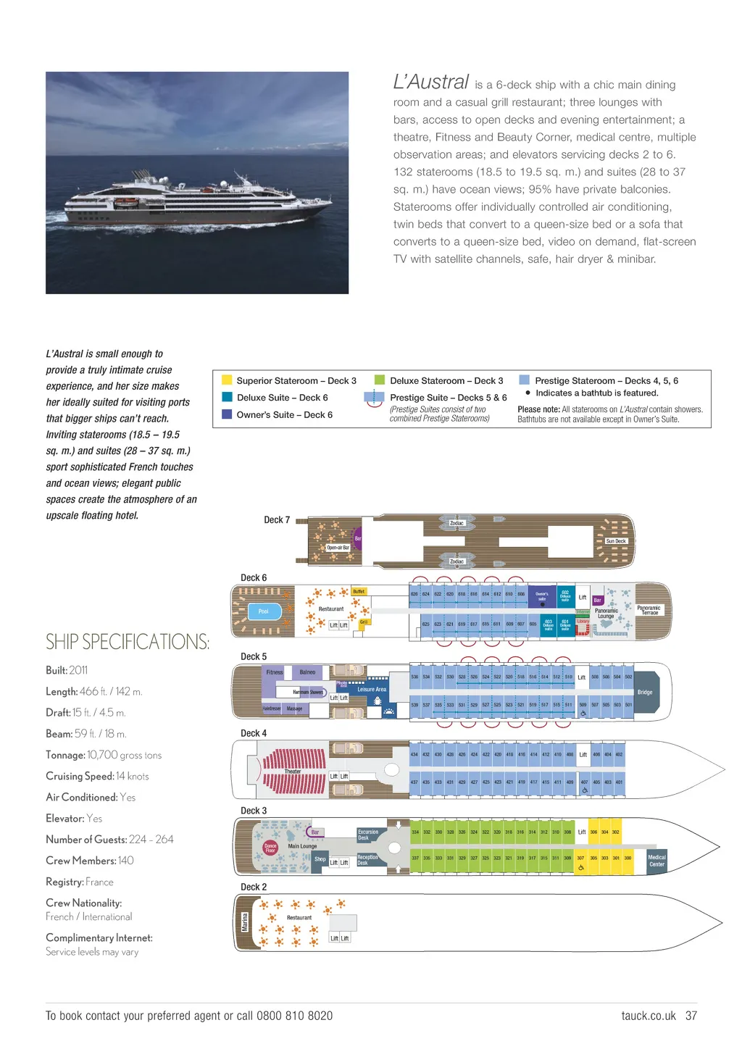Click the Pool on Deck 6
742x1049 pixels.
coord(263,611)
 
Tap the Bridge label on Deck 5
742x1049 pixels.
coord(645,692)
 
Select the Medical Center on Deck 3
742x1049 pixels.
coord(656,861)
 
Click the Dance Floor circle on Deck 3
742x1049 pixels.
coord(270,848)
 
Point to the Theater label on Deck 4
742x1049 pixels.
coord(293,772)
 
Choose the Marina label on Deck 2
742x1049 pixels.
coord(245,922)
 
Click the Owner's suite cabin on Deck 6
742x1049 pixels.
coord(541,596)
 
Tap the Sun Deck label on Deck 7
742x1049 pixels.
coord(616,541)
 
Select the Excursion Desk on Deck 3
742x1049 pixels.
coord(368,835)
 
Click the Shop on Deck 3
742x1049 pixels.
coord(320,859)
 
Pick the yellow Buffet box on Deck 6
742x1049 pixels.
coord(359,592)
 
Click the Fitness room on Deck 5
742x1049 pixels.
coord(275,672)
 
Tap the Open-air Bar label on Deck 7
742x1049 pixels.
coord(338,548)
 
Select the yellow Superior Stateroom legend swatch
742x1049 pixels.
coord(227,380)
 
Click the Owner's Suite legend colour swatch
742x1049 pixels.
coord(227,414)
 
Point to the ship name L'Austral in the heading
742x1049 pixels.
coord(431,83)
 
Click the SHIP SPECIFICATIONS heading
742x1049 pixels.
coord(128,642)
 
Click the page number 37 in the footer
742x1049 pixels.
coord(691,1016)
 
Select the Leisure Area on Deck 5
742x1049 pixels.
coord(372,690)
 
